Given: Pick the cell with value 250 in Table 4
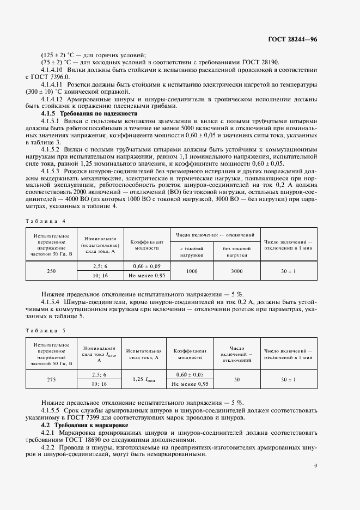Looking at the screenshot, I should click(x=51, y=271).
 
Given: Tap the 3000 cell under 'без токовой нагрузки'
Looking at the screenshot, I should click(x=236, y=271).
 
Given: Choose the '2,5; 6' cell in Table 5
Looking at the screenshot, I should click(x=99, y=375).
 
